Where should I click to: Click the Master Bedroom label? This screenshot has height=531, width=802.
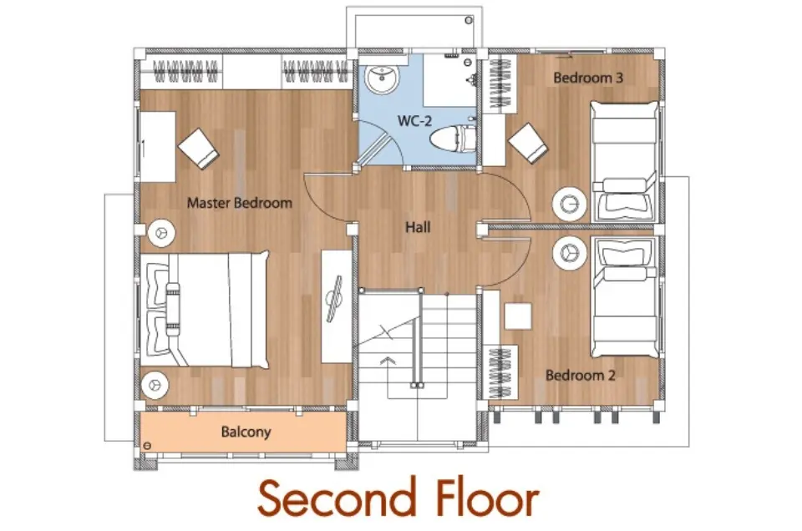pos(240,203)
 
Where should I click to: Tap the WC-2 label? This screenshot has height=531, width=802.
pos(415,121)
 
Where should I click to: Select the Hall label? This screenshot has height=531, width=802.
pos(418,227)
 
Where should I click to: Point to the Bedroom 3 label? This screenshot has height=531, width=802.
pos(588,78)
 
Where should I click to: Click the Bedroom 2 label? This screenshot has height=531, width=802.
pos(580,375)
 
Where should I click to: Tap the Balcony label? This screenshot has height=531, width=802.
pos(246,432)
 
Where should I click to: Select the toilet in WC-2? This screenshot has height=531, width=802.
pos(453,139)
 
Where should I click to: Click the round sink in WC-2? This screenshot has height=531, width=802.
pos(382,80)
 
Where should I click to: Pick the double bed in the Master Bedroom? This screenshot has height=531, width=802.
pos(205,309)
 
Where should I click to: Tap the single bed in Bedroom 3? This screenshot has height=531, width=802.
pos(625,161)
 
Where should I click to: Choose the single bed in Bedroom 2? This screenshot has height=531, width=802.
pos(625,297)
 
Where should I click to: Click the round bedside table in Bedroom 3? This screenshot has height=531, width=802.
pos(569,204)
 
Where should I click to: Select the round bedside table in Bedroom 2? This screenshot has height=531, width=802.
pos(569,252)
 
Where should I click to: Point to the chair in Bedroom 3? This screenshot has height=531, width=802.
pos(528,144)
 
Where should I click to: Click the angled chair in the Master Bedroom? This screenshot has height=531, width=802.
pos(199,149)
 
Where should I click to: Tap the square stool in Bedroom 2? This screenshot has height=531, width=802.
pos(518,316)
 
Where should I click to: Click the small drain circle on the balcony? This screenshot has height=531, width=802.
pos(147,446)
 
